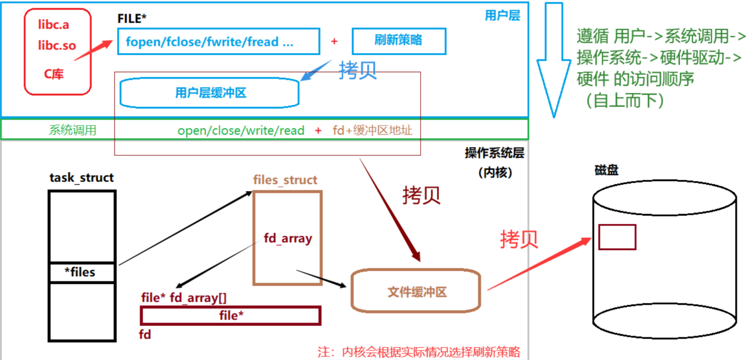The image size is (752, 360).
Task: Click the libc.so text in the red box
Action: (x=57, y=45)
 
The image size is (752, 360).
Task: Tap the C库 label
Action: (x=54, y=74)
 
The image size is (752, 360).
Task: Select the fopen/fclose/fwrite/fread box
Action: (x=218, y=41)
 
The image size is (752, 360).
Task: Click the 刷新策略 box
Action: (x=399, y=40)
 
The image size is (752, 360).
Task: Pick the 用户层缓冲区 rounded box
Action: (x=210, y=93)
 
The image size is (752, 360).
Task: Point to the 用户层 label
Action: (x=502, y=15)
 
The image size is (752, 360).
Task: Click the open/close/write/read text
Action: (x=241, y=130)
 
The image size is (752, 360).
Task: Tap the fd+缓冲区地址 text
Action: (x=372, y=130)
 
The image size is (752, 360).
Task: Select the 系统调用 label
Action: (x=73, y=130)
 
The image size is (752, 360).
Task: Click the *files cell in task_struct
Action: (x=82, y=272)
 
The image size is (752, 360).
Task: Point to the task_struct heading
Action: (x=81, y=177)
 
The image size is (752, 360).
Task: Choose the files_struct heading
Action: (x=285, y=180)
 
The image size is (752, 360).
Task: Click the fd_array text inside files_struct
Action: (x=288, y=238)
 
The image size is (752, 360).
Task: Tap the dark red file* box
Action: (x=231, y=316)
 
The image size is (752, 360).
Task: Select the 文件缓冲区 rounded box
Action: (x=416, y=292)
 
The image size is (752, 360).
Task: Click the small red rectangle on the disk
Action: (x=617, y=237)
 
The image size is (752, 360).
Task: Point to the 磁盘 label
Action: (x=606, y=170)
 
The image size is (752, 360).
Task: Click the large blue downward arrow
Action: (x=554, y=60)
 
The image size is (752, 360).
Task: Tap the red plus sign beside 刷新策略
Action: (x=334, y=41)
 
